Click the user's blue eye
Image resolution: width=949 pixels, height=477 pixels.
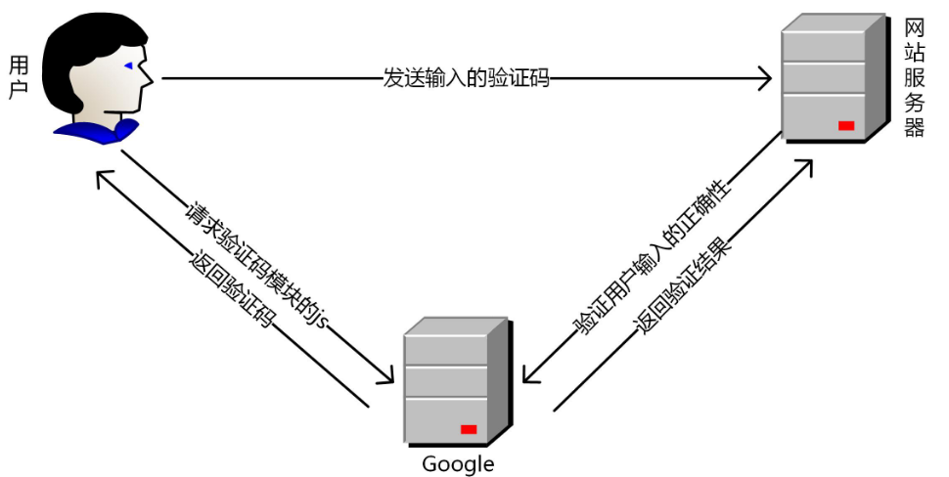tap(129, 65)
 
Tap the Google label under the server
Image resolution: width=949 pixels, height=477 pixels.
tap(458, 463)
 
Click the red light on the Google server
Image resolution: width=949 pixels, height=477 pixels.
tap(469, 429)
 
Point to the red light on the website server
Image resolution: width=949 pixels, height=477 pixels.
tap(846, 125)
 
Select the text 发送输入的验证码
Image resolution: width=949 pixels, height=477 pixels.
tap(466, 78)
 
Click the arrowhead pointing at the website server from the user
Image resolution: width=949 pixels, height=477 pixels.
tap(764, 79)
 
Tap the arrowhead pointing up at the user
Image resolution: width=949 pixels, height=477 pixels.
tap(101, 176)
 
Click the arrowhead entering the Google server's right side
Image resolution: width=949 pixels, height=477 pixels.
tap(529, 377)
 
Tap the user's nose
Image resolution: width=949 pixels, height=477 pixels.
tap(147, 76)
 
